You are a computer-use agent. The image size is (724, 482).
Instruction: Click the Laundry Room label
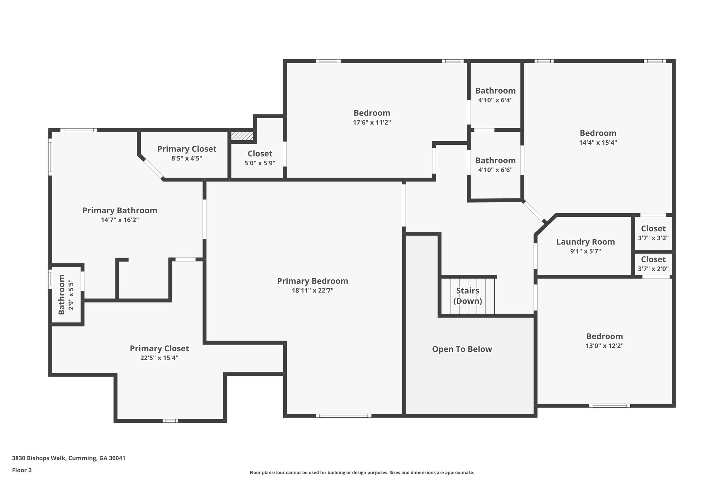[585, 242]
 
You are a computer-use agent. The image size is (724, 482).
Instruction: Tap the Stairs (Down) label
[468, 296]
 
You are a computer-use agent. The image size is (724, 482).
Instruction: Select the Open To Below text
[462, 349]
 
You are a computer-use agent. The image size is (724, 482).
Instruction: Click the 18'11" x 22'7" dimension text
[313, 291]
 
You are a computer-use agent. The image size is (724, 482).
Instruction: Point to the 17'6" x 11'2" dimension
[372, 123]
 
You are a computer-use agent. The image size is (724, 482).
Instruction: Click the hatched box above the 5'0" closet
[242, 136]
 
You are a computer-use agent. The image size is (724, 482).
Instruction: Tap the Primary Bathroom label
[120, 210]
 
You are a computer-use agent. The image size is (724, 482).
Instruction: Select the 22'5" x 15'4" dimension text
[159, 358]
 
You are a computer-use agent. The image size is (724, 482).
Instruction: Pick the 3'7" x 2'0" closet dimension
[653, 269]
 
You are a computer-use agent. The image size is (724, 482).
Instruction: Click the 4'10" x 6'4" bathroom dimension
[495, 100]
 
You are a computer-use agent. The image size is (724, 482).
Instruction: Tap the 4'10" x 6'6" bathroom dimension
[495, 170]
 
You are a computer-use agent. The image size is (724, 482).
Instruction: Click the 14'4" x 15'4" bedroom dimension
[598, 143]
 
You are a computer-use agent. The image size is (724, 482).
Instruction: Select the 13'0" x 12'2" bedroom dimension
[605, 346]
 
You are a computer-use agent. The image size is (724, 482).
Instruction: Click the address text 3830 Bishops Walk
[39, 458]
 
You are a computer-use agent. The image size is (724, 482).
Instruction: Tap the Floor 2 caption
[22, 470]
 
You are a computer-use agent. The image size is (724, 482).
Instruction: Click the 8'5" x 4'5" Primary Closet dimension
[187, 158]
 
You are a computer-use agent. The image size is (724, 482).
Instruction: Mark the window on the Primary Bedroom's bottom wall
[344, 416]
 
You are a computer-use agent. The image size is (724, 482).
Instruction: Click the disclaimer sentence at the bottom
[362, 472]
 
